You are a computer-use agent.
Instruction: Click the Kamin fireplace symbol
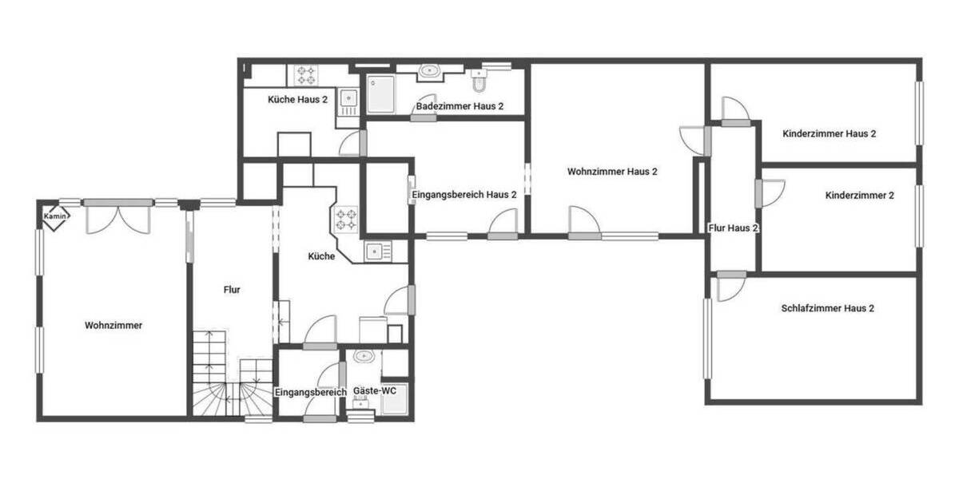tap(54, 216)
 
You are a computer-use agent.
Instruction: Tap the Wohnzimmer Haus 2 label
tap(612, 172)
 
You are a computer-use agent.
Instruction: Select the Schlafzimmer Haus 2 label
tap(827, 308)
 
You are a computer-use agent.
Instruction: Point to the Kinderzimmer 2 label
tap(859, 196)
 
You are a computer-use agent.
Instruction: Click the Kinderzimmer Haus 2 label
tap(830, 134)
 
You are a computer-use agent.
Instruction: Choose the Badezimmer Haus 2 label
tap(460, 106)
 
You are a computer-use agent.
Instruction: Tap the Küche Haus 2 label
tap(297, 100)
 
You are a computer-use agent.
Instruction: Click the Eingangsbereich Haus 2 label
tap(464, 195)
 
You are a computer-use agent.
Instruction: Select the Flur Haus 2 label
tap(733, 228)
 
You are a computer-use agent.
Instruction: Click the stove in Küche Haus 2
tap(307, 75)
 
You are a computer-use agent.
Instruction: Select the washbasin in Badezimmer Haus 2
tap(430, 71)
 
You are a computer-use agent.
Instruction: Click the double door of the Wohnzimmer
tap(118, 216)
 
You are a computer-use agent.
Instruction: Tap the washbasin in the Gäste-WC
tap(364, 356)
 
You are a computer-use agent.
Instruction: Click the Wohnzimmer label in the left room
tap(113, 326)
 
